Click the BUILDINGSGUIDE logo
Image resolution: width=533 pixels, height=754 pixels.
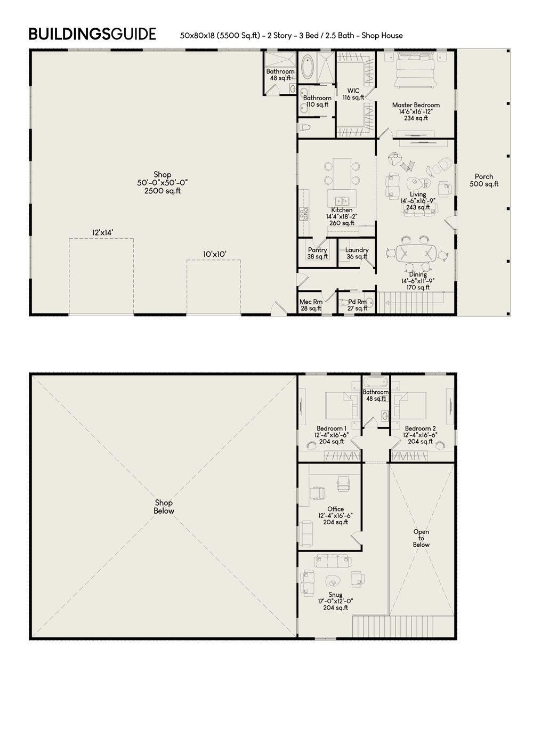[92, 35]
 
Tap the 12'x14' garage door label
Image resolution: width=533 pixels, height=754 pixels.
[102, 232]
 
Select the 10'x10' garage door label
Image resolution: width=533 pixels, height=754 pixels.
[214, 255]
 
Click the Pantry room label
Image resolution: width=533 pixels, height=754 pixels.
[318, 253]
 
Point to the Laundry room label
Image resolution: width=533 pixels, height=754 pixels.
[357, 253]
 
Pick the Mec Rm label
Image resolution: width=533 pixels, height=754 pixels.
[310, 305]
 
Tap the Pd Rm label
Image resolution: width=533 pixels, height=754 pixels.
[357, 305]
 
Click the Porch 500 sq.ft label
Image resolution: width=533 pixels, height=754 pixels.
[484, 180]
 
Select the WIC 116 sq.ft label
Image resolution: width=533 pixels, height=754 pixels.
[353, 94]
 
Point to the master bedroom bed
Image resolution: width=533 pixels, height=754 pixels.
[415, 72]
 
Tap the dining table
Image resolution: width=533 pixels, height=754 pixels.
[418, 253]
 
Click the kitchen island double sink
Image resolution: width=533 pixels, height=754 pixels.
[342, 201]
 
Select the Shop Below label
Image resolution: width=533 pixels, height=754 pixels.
[164, 507]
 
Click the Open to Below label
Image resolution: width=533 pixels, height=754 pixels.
[421, 538]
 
